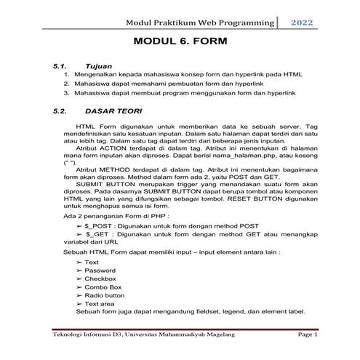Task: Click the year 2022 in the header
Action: [x=303, y=23]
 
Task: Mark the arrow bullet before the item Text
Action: [x=79, y=261]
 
